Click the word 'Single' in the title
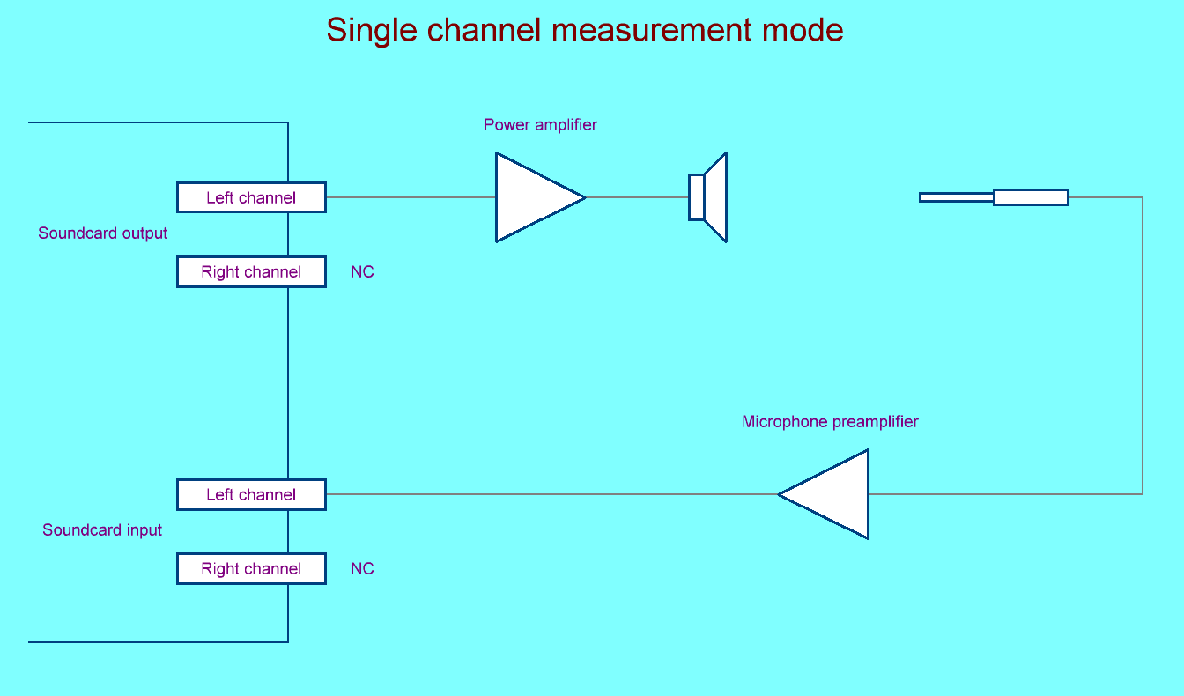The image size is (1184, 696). [370, 31]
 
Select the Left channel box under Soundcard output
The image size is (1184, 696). [251, 197]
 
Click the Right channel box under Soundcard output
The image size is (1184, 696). [251, 271]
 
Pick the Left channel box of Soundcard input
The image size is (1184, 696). [251, 494]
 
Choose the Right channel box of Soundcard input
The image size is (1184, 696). [251, 568]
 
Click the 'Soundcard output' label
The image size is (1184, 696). [102, 233]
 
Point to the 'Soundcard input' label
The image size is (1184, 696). [102, 530]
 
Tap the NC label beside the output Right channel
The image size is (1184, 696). [362, 272]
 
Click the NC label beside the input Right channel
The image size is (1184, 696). [362, 569]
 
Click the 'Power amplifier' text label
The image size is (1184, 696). [540, 125]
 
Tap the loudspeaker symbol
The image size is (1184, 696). [708, 197]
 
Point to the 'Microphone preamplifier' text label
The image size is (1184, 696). [830, 422]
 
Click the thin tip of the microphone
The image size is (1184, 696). [956, 197]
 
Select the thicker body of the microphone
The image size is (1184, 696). [1031, 197]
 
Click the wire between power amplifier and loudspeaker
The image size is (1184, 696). [637, 197]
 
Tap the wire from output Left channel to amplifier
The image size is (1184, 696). [411, 197]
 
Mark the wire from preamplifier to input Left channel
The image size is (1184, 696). [551, 494]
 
